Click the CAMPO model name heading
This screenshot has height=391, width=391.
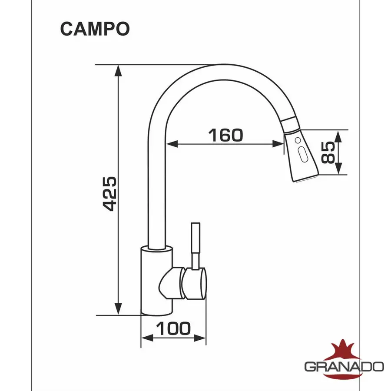point(95,28)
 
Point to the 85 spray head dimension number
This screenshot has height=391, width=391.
point(329,152)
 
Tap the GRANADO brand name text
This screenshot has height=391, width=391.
point(344,366)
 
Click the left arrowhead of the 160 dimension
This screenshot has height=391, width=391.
point(171,144)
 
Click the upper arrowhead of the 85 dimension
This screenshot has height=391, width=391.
point(339,135)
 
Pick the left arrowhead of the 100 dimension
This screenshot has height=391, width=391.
point(147,339)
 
